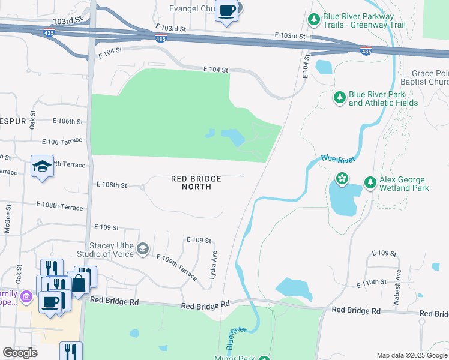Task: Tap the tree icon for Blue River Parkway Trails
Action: pyautogui.click(x=313, y=20)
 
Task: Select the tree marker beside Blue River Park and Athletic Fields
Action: pyautogui.click(x=339, y=97)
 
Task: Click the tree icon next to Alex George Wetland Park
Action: pyautogui.click(x=370, y=182)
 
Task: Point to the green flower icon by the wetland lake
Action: pyautogui.click(x=342, y=178)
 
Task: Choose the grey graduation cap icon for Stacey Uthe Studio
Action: pyautogui.click(x=142, y=248)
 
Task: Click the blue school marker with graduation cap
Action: pyautogui.click(x=43, y=166)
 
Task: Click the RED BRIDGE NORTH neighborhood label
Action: pyautogui.click(x=196, y=182)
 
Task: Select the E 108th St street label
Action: pyautogui.click(x=112, y=185)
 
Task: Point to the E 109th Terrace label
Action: pyautogui.click(x=177, y=268)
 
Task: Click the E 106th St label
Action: pyautogui.click(x=67, y=121)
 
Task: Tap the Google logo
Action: pyautogui.click(x=20, y=353)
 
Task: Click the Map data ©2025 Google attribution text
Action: pyautogui.click(x=411, y=355)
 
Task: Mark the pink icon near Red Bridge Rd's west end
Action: pyautogui.click(x=26, y=296)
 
